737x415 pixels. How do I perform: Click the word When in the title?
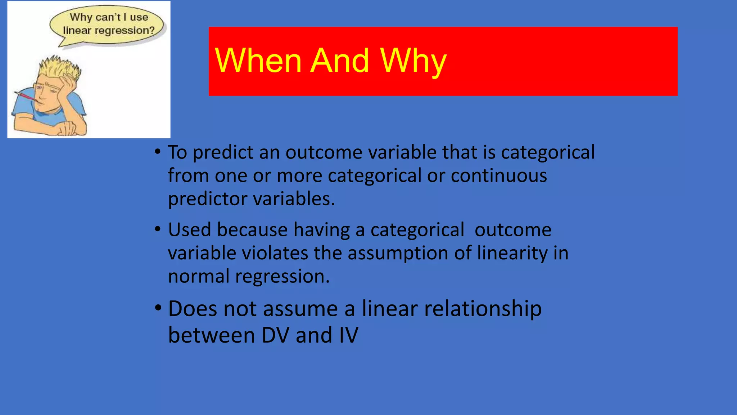pos(258,61)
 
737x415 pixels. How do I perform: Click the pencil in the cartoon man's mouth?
pos(25,96)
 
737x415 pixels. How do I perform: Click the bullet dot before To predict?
pos(158,151)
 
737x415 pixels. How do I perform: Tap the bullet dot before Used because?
pos(158,229)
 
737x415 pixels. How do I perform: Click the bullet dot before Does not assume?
pos(158,308)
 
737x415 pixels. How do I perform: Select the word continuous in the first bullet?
pos(499,176)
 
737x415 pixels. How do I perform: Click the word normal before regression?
pos(199,276)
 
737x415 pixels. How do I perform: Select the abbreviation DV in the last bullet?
pos(275,335)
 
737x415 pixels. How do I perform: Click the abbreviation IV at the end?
pos(348,335)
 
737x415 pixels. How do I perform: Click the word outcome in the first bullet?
pos(324,152)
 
